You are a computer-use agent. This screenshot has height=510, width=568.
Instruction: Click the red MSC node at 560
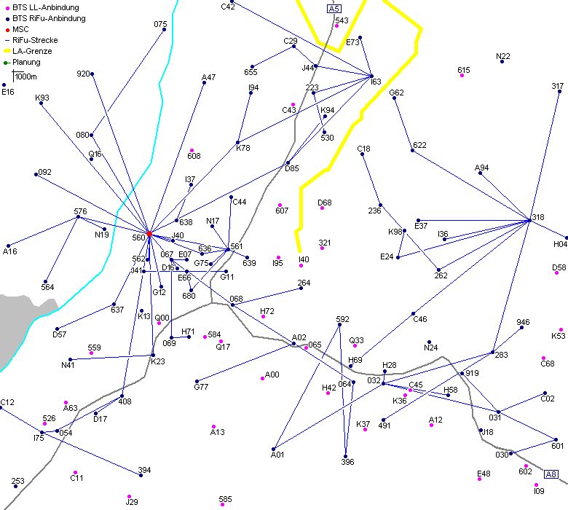pyautogui.click(x=149, y=234)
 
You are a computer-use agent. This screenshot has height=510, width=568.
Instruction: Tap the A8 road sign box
pyautogui.click(x=551, y=474)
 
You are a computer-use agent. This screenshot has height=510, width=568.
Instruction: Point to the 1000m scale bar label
pyautogui.click(x=26, y=76)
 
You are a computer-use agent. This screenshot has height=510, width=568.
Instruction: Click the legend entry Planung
pyautogui.click(x=26, y=62)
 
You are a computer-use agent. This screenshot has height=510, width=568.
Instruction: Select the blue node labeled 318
pyautogui.click(x=530, y=220)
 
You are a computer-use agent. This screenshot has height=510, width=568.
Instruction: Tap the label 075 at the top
pyautogui.click(x=160, y=24)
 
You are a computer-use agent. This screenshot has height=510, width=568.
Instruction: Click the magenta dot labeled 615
pyautogui.click(x=462, y=76)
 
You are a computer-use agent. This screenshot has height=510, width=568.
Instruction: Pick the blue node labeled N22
pyautogui.click(x=502, y=61)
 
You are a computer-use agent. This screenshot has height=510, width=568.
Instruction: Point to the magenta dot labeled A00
pyautogui.click(x=262, y=378)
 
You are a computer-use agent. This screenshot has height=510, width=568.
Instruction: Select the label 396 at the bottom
pyautogui.click(x=347, y=462)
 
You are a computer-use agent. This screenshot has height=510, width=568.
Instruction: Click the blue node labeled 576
pyautogui.click(x=78, y=217)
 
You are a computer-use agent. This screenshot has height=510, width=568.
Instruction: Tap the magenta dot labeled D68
pyautogui.click(x=323, y=208)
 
